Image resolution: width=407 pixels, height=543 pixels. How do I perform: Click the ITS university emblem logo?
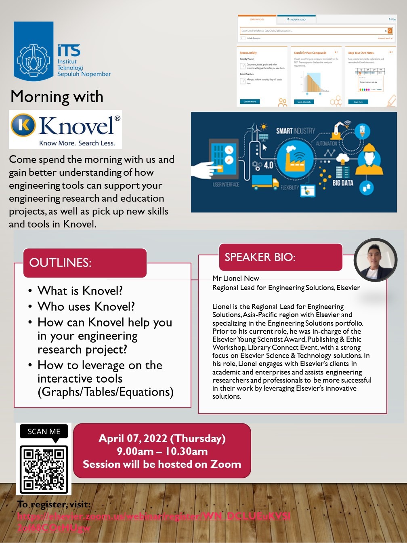34,51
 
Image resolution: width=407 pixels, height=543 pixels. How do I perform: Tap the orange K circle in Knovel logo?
23,125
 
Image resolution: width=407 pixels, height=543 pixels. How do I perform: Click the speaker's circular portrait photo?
376,260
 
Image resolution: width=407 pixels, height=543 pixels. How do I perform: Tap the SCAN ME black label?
44,431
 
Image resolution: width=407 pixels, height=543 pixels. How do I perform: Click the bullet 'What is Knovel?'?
80,291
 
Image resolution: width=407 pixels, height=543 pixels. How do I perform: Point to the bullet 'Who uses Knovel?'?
86,306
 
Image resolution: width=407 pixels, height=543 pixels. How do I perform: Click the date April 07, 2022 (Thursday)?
162,438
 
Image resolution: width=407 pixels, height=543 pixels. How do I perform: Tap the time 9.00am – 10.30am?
162,451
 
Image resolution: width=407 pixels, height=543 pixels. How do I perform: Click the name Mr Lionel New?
236,278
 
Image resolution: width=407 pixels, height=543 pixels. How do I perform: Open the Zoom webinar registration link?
153,516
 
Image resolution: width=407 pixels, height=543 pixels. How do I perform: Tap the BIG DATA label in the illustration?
342,183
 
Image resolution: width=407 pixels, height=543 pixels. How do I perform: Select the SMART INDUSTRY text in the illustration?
295,131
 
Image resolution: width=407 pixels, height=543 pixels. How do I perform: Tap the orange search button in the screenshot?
390,31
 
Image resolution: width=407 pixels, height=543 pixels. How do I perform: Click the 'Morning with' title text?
57,97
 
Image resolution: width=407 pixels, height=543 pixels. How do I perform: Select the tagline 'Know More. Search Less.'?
77,143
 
